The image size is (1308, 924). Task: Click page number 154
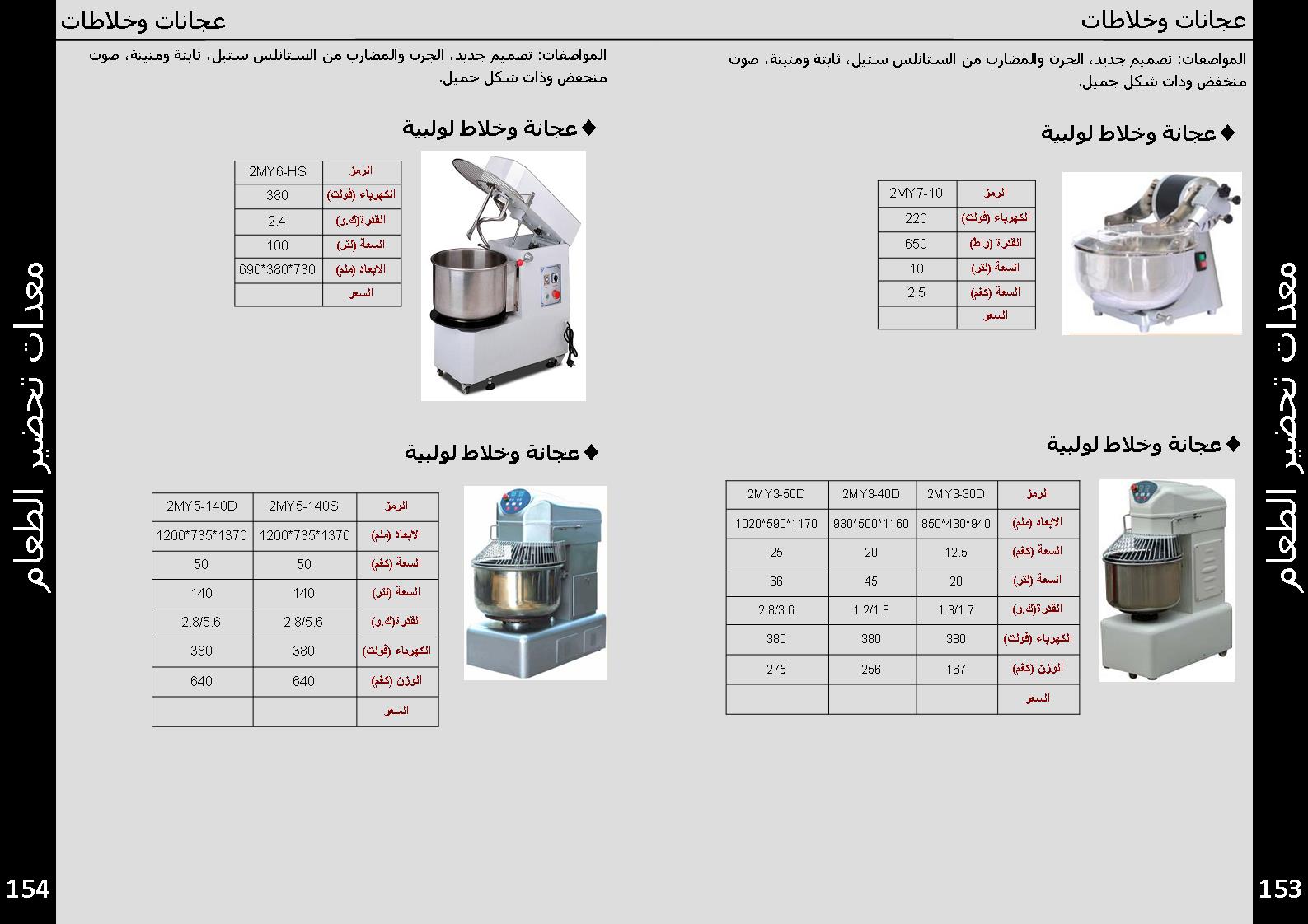pyautogui.click(x=28, y=889)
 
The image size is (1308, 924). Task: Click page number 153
pyautogui.click(x=1280, y=889)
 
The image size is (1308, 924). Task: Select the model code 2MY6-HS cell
pyautogui.click(x=278, y=171)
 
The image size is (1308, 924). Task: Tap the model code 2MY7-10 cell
pyautogui.click(x=916, y=193)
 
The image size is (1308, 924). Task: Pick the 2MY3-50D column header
pyautogui.click(x=776, y=493)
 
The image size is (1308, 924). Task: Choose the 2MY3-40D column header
pyautogui.click(x=871, y=493)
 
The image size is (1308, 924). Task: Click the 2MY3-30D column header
pyautogui.click(x=956, y=493)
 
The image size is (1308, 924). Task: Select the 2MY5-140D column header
pyautogui.click(x=201, y=506)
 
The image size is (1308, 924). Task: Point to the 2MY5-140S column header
pyautogui.click(x=303, y=506)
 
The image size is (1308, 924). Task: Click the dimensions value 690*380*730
pyautogui.click(x=278, y=269)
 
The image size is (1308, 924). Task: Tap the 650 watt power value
pyautogui.click(x=916, y=244)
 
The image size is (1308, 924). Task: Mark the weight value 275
pyautogui.click(x=776, y=670)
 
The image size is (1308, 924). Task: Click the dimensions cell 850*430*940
pyautogui.click(x=956, y=523)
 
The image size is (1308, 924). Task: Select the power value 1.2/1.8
pyautogui.click(x=871, y=610)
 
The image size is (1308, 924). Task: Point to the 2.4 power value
pyautogui.click(x=278, y=221)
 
